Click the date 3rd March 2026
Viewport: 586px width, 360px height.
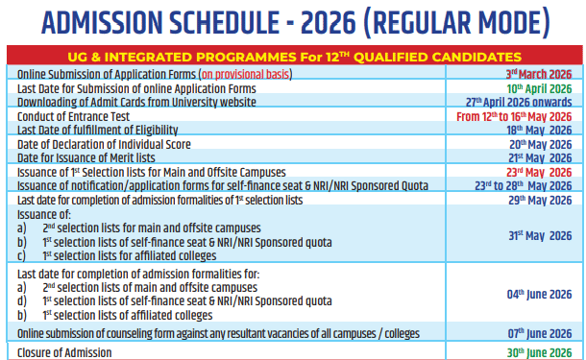click(539, 73)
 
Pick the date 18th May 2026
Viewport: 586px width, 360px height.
click(541, 130)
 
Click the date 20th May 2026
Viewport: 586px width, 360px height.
click(540, 144)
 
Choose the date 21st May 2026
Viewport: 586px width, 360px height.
click(541, 157)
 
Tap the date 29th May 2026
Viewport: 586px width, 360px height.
click(540, 200)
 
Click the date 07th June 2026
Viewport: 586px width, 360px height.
click(539, 333)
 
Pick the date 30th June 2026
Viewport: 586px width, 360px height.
click(539, 352)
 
